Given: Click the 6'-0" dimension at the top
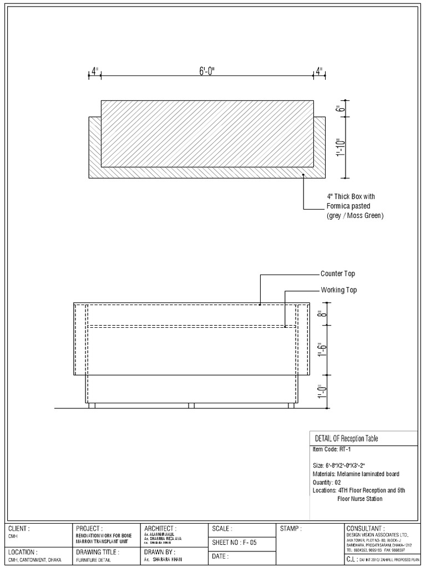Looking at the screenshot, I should (207, 72).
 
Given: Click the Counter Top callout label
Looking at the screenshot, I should (338, 273).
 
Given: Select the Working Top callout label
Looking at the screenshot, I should (339, 290).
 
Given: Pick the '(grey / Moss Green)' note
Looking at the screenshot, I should (355, 215).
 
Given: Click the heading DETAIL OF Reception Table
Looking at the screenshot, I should (346, 439).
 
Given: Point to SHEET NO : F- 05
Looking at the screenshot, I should (235, 542).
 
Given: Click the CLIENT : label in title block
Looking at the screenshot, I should (19, 529).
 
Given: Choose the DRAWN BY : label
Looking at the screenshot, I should (160, 552).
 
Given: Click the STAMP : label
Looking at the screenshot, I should (291, 529).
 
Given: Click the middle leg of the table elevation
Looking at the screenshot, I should (191, 406).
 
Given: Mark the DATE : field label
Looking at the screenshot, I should (221, 556).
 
